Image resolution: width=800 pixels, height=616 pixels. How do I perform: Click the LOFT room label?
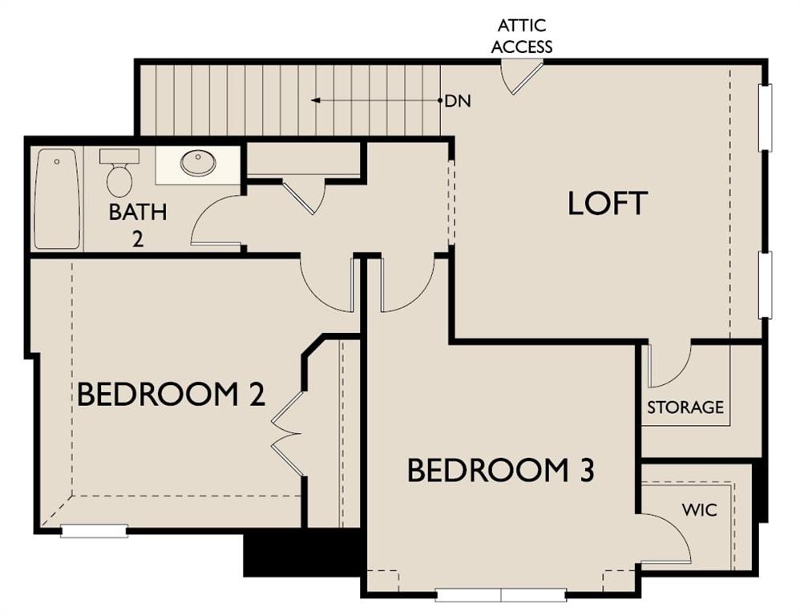click(607, 203)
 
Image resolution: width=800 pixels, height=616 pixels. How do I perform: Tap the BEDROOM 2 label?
click(171, 395)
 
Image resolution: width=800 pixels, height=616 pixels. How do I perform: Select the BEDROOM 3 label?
click(500, 470)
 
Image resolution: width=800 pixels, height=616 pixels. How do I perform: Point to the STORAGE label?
click(685, 407)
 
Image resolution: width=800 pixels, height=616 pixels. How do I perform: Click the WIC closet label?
click(699, 509)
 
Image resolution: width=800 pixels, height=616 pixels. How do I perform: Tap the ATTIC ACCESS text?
click(521, 36)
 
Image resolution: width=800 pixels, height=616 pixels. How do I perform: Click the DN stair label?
click(458, 101)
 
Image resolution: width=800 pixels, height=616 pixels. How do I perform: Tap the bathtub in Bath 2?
click(57, 199)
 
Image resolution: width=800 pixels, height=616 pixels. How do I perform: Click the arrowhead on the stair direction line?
click(316, 100)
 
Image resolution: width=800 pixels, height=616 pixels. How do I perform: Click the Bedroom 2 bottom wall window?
click(95, 532)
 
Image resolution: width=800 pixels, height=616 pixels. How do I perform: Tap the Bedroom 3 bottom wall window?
click(501, 595)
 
